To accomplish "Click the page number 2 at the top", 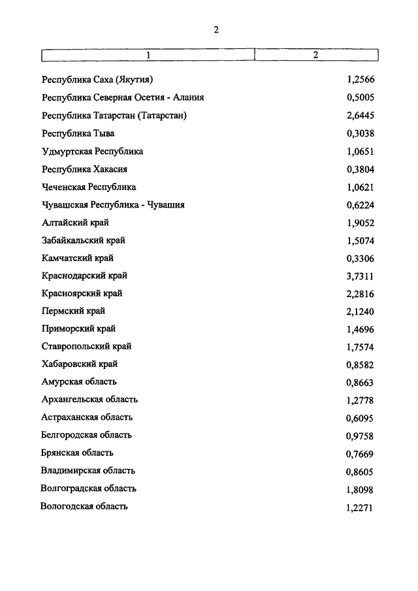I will pyautogui.click(x=216, y=29).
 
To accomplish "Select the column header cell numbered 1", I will pyautogui.click(x=148, y=55).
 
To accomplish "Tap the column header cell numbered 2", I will pyautogui.click(x=315, y=55).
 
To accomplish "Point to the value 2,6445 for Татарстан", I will pyautogui.click(x=360, y=116).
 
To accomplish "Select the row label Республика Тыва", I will pyautogui.click(x=78, y=134).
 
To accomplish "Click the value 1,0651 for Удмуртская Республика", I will pyautogui.click(x=360, y=152).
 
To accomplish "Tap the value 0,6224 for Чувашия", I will pyautogui.click(x=360, y=205).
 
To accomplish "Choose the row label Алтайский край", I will pyautogui.click(x=75, y=223).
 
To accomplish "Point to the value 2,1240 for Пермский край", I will pyautogui.click(x=360, y=312).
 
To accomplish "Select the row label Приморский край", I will pyautogui.click(x=78, y=328).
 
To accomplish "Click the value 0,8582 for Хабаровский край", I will pyautogui.click(x=360, y=365).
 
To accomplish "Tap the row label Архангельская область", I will pyautogui.click(x=89, y=400).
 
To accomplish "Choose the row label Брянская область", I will pyautogui.click(x=77, y=453).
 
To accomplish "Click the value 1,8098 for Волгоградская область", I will pyautogui.click(x=360, y=489).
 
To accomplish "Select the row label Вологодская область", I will pyautogui.click(x=84, y=506).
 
